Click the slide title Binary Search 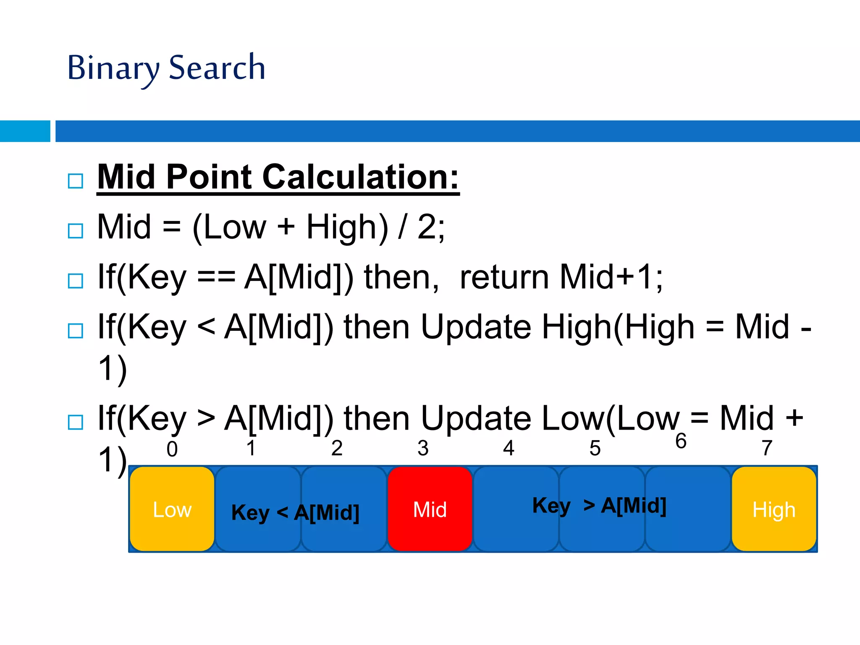coord(166,68)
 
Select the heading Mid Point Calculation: coord(278,177)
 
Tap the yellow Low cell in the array coord(172,509)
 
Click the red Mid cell coord(430,509)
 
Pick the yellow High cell coord(774,509)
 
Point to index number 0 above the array coord(172,449)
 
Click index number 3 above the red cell coord(423,448)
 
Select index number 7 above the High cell coord(767,448)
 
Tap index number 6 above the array coord(681,441)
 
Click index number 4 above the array coord(509,448)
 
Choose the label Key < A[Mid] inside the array coord(295,512)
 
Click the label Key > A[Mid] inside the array coord(599,505)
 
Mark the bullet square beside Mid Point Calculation coord(76,181)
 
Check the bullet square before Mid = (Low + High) coord(76,231)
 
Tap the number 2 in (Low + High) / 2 coord(427,227)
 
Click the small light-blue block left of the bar coord(25,131)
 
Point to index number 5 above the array coord(595,448)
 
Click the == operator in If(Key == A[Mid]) coord(216,277)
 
